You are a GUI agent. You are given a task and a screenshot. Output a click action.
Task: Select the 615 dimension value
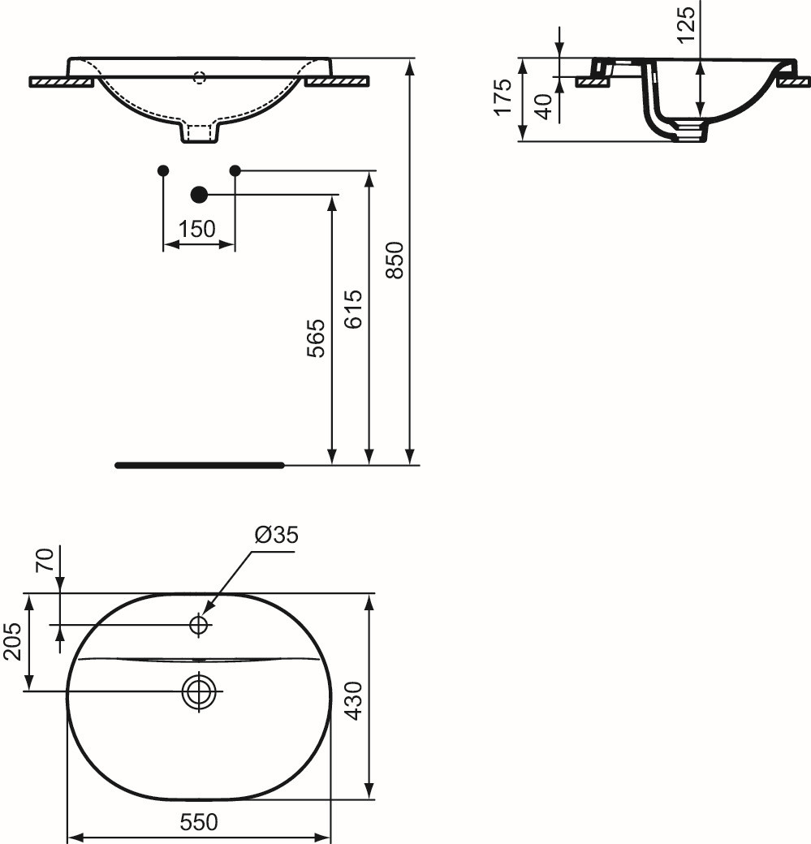[x=354, y=309]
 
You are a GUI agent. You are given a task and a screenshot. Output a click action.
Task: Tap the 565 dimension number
[x=316, y=338]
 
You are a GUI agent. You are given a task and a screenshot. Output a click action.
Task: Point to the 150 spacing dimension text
[x=197, y=230]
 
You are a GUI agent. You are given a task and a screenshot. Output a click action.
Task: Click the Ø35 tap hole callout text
[x=276, y=535]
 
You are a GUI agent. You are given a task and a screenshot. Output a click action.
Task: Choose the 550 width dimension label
[x=199, y=822]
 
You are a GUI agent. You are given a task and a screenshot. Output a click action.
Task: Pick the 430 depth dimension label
[x=354, y=700]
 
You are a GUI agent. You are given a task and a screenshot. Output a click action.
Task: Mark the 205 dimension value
[x=12, y=642]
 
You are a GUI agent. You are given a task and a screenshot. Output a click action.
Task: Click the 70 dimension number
[x=45, y=560]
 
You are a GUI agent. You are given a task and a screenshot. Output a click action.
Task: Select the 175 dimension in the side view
[x=503, y=97]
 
